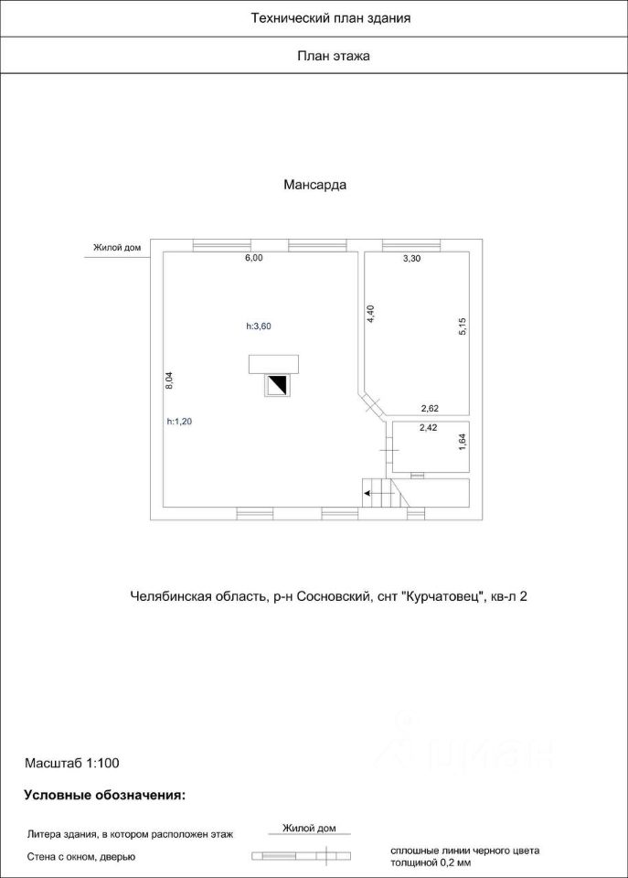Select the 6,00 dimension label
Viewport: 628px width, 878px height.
point(253,259)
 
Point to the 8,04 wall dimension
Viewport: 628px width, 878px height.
point(169,380)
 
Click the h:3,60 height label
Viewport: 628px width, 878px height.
point(260,327)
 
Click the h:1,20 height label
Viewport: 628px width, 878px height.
point(180,422)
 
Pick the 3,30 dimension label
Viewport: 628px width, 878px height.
point(412,259)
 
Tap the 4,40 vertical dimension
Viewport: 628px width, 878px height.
point(370,314)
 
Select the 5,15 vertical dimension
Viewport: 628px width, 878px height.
point(463,327)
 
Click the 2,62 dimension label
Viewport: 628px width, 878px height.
point(431,409)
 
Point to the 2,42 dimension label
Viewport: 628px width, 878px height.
point(429,427)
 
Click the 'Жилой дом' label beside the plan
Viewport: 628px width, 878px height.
point(116,247)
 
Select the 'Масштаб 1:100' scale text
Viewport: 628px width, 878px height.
point(72,761)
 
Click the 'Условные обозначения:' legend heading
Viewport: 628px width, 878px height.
point(104,795)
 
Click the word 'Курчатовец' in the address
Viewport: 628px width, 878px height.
point(442,596)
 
